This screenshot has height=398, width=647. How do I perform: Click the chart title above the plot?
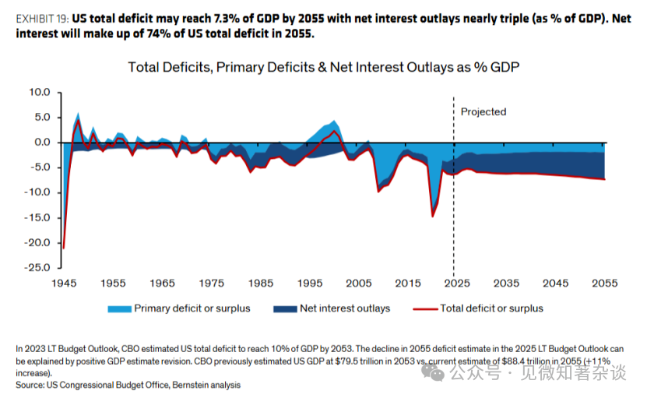[324, 67]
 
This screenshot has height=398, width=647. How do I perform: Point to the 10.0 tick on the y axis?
[40, 92]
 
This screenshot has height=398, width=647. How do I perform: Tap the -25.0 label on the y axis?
[37, 267]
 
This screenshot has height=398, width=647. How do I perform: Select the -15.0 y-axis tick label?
[37, 217]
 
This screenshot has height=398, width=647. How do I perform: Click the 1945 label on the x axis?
[64, 284]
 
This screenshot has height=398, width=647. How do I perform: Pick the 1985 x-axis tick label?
[261, 284]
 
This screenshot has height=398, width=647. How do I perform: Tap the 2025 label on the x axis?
[457, 284]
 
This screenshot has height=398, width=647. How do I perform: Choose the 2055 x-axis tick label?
[605, 284]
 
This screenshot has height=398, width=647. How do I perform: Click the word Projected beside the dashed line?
[483, 112]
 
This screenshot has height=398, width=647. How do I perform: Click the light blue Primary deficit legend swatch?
[120, 309]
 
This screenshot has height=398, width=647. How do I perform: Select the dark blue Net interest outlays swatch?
[285, 309]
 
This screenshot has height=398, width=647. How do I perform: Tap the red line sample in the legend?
[425, 309]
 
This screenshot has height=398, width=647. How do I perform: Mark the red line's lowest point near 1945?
[64, 248]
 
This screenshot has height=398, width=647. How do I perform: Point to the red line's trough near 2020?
[432, 217]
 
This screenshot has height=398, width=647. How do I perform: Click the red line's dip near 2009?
[378, 192]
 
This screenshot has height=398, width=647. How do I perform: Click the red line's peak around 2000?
[334, 132]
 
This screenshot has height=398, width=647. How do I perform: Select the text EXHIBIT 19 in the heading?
[42, 19]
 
